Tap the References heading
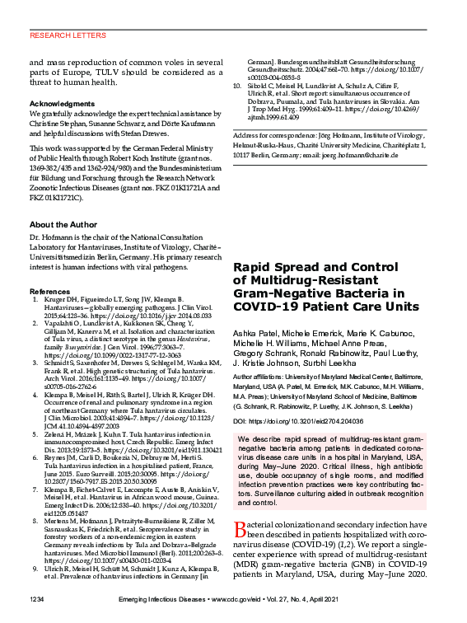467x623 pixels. pyautogui.click(x=49, y=293)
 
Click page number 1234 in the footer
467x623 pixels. pyautogui.click(x=39, y=597)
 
